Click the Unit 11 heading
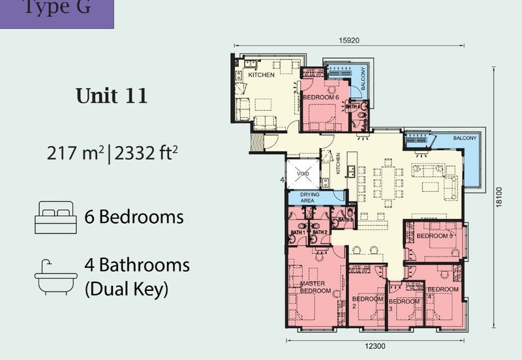click(112, 96)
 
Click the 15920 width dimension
click(350, 40)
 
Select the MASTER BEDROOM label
click(316, 288)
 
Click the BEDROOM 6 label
click(321, 97)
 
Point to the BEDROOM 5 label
click(435, 236)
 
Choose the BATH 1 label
click(298, 232)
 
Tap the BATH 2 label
click(319, 232)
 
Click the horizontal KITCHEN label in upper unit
click(262, 75)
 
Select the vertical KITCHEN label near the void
click(338, 168)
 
